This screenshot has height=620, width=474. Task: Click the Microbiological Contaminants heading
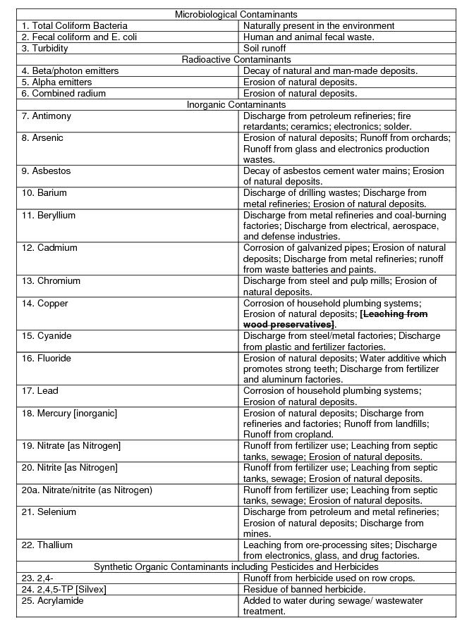tap(236, 14)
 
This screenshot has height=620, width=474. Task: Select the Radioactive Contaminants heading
tap(236, 59)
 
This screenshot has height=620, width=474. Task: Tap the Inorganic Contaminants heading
tap(236, 104)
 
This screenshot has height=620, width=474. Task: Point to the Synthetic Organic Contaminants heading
tap(236, 566)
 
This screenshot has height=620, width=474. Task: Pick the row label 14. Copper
tap(44, 303)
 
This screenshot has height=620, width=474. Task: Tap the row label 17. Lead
tap(39, 390)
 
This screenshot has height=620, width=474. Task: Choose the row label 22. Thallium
tap(47, 545)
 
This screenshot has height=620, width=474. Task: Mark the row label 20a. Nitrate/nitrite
tap(87, 490)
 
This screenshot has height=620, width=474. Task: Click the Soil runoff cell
tap(265, 48)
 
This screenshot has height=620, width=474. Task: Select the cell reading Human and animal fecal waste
tap(308, 37)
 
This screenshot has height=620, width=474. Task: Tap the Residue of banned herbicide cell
tap(304, 589)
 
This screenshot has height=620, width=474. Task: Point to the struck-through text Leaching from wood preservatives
tap(335, 319)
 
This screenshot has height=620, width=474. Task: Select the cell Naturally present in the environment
tap(318, 25)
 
